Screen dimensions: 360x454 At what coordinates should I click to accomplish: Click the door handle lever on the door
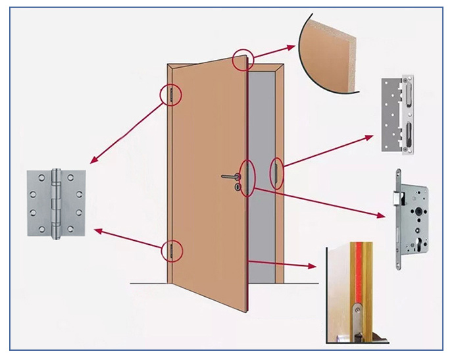point(230,176)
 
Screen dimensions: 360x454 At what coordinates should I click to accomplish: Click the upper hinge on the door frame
point(171,95)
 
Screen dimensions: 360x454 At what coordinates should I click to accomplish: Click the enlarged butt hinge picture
point(55,203)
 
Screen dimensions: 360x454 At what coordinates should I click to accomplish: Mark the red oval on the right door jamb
point(277,172)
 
